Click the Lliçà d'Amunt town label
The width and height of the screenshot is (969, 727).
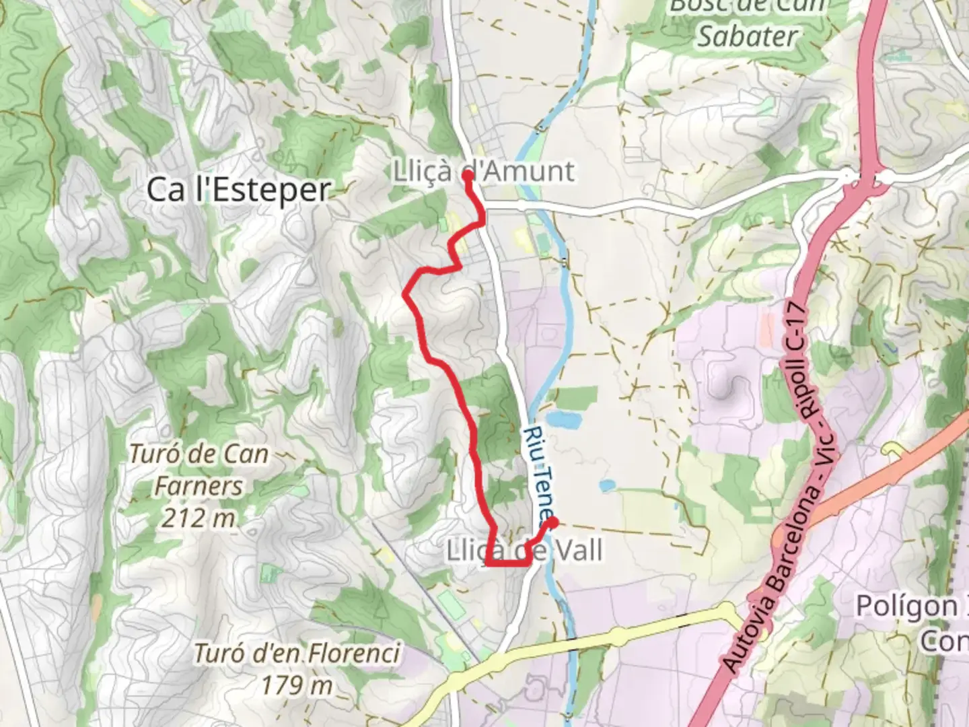click(485, 171)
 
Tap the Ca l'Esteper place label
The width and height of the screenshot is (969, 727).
click(238, 190)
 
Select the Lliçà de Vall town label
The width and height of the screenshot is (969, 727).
click(525, 551)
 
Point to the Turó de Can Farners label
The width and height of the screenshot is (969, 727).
click(199, 470)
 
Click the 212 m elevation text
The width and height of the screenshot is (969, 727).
click(199, 518)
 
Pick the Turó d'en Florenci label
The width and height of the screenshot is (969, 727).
click(297, 653)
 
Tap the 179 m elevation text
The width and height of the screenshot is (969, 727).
click(297, 685)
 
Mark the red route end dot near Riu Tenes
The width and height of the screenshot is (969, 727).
click(552, 522)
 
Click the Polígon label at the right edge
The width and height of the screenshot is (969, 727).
click(908, 606)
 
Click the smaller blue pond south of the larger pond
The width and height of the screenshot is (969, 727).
click(608, 485)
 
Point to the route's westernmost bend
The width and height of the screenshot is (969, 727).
click(405, 293)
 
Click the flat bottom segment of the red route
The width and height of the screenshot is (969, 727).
click(506, 564)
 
